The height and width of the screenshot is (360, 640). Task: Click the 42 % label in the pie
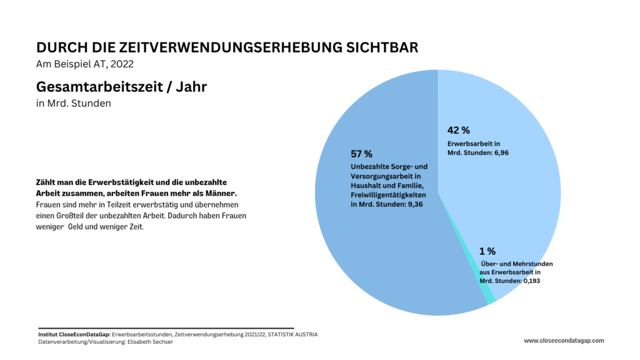458,131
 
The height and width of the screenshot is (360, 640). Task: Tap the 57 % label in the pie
361,154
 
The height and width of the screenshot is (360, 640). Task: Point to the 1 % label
487,251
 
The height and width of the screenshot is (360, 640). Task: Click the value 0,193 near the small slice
530,281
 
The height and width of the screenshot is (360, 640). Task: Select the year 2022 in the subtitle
121,64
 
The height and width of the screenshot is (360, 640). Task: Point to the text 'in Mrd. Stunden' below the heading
74,103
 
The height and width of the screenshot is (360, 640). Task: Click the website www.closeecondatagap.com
564,341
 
